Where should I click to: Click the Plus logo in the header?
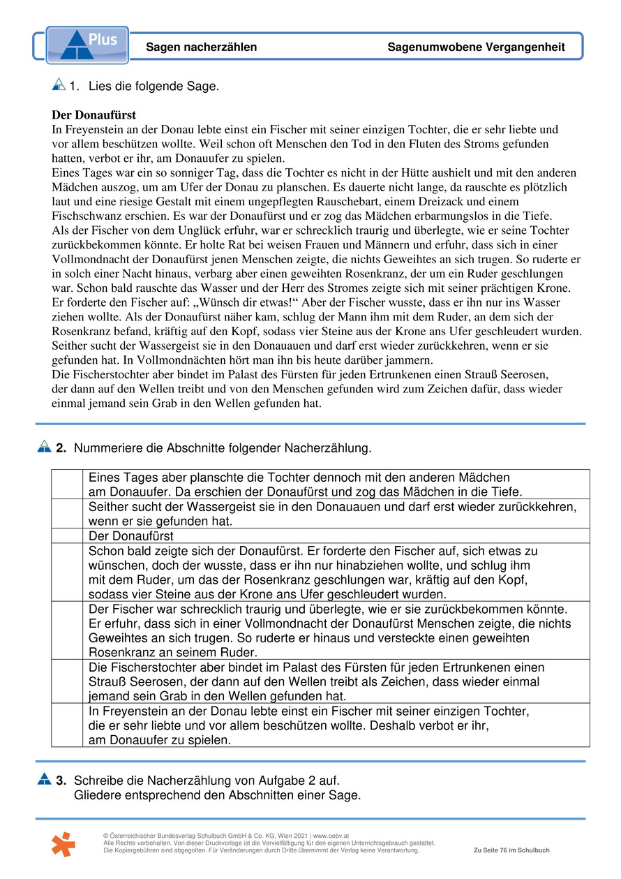pyautogui.click(x=87, y=45)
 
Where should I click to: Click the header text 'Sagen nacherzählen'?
pyautogui.click(x=201, y=47)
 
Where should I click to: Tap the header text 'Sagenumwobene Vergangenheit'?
pyautogui.click(x=476, y=47)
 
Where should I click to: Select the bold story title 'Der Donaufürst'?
pyautogui.click(x=93, y=115)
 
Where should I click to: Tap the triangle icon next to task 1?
pyautogui.click(x=59, y=85)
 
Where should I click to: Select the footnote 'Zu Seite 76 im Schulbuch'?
pyautogui.click(x=511, y=850)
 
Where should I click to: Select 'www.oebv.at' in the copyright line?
pyautogui.click(x=331, y=836)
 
